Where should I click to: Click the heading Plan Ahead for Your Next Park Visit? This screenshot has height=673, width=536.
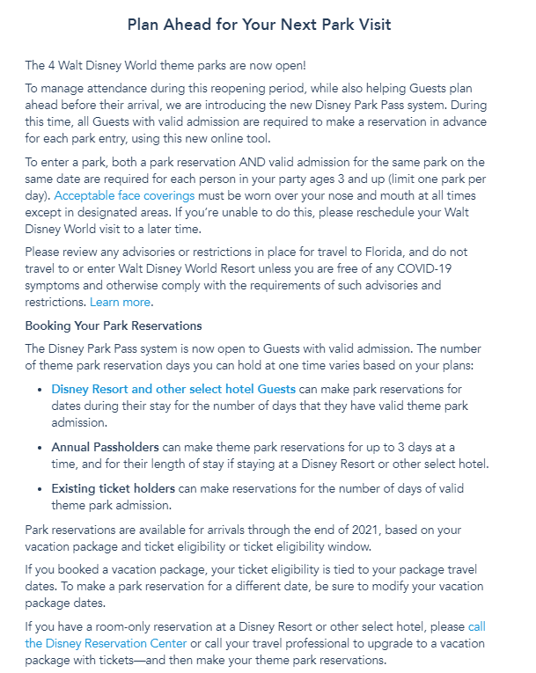click(x=259, y=25)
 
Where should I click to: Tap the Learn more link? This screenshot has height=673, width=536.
click(x=121, y=302)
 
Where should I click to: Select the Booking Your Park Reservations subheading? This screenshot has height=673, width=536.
click(x=114, y=326)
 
